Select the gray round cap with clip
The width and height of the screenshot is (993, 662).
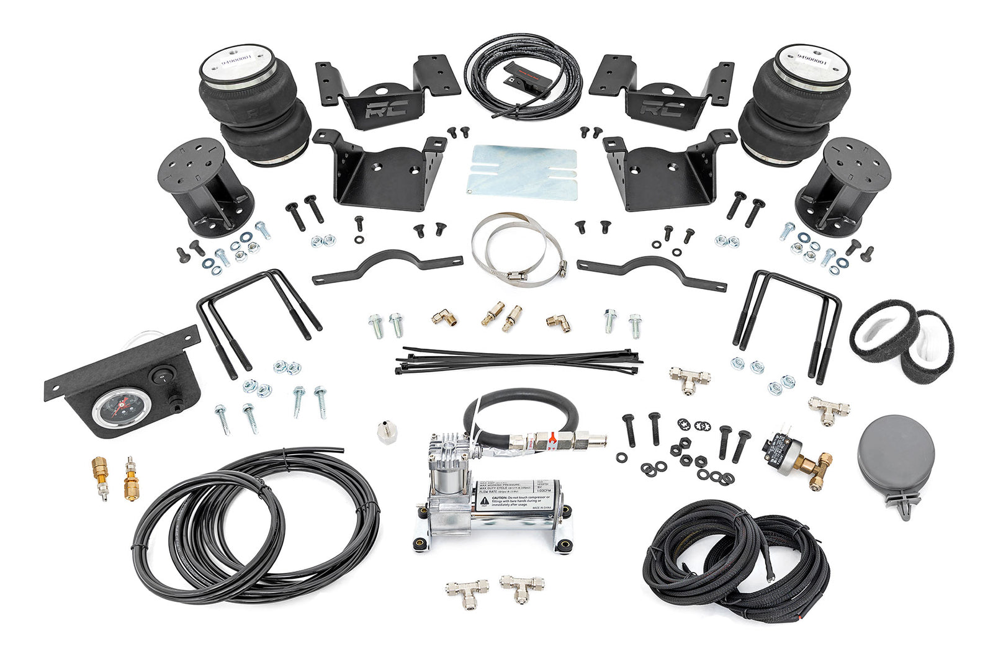tap(896, 454)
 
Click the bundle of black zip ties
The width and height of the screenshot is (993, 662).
tap(518, 360)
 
